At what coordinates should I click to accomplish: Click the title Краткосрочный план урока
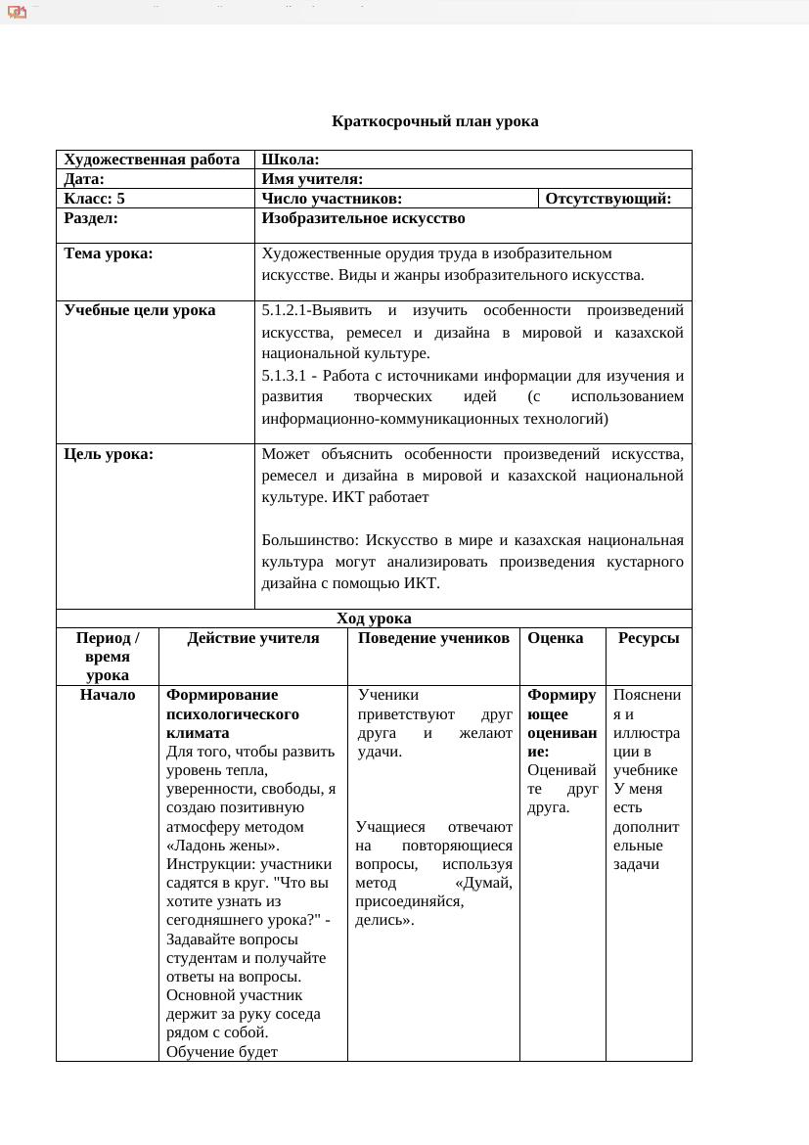pos(434,121)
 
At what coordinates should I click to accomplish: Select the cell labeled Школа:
pos(291,160)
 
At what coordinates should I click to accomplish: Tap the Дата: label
pos(84,179)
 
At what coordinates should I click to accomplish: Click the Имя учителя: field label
pos(312,179)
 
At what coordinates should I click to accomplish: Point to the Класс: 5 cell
pos(94,199)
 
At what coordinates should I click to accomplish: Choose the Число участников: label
pos(332,199)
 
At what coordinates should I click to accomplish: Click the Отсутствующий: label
pos(607,199)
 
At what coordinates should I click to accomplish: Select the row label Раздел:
pos(90,218)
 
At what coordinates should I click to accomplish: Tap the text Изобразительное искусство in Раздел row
pos(363,218)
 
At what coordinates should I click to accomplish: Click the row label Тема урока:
pos(109,253)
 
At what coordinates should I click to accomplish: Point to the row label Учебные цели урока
pos(140,310)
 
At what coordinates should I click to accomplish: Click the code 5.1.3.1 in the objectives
pos(284,376)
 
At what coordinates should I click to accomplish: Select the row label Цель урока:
pos(109,454)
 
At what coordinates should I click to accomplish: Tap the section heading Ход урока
pos(374,618)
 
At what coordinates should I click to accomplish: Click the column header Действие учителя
pos(253,638)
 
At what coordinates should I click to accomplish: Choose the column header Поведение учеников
pos(433,638)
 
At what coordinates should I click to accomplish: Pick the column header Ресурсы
pos(648,638)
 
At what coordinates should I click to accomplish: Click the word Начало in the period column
pos(108,695)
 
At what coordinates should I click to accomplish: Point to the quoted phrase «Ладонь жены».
pos(223,846)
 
